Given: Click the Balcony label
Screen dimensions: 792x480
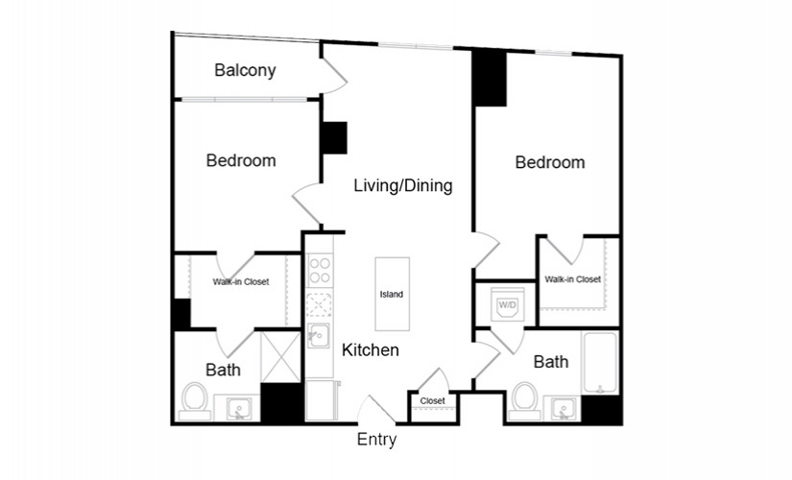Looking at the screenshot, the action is coord(245,70).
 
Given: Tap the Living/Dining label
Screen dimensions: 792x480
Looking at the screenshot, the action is coord(402,185).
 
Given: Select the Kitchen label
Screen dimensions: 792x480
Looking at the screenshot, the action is coord(371,349).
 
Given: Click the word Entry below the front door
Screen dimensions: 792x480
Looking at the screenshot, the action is coord(376,439).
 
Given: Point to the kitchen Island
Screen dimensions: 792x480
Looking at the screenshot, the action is coord(392,294).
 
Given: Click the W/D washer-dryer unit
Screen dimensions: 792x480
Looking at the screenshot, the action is coord(508,304).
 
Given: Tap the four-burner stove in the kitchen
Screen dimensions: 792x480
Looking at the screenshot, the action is coord(320,271).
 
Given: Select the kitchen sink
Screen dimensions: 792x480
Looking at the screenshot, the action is coord(319,335).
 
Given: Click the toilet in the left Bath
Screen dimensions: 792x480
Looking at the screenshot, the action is coord(195,401).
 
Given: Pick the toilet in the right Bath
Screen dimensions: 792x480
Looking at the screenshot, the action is coord(525,401).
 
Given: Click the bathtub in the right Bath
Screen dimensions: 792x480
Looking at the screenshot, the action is coord(600,362).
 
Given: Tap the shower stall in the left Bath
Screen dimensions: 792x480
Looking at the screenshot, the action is coord(280,357).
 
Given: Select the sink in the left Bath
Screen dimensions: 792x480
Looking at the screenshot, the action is coord(237,407).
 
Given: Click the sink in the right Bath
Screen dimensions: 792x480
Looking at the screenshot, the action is coord(563,408).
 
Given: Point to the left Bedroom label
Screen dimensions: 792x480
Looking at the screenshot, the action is coord(241,160).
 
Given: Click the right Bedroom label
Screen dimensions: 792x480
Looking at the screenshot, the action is coord(550,162).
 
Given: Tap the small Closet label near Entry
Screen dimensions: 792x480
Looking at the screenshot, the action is coord(433,400).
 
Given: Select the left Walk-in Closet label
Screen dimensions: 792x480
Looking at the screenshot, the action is coord(241,282).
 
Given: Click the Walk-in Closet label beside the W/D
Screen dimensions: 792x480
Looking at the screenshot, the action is coord(573,279).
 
